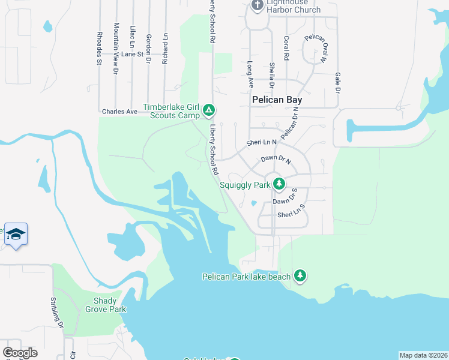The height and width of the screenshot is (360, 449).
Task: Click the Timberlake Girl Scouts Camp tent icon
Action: (208, 110)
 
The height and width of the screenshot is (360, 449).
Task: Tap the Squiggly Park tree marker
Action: (278, 184)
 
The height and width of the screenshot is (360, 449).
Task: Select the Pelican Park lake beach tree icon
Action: (300, 276)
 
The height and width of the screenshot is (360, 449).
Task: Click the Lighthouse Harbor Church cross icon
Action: (258, 5)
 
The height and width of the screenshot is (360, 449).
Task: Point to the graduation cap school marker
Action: (16, 233)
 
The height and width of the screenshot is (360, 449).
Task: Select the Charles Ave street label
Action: (119, 112)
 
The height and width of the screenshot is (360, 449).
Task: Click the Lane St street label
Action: (132, 54)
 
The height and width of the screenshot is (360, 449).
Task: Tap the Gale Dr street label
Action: (337, 83)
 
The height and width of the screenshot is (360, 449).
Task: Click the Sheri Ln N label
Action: (261, 143)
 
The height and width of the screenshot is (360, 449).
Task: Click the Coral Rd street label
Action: (287, 49)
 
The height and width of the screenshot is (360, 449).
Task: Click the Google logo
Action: (20, 353)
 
